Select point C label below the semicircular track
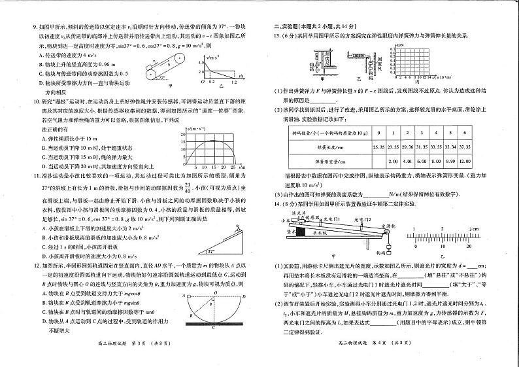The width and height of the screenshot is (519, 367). coord(205,326)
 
